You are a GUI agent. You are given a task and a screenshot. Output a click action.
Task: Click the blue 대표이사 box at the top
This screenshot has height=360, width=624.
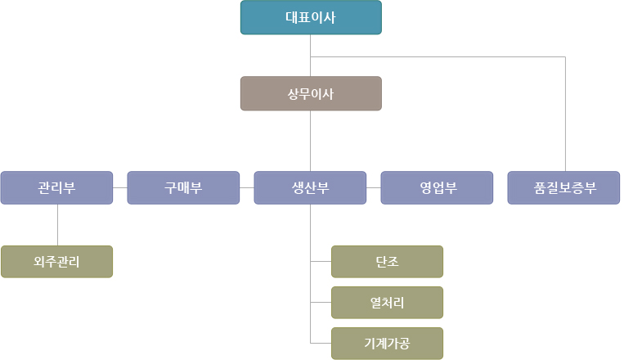pyautogui.click(x=311, y=18)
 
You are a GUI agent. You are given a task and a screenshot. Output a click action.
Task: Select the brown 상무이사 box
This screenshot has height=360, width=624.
pyautogui.click(x=311, y=93)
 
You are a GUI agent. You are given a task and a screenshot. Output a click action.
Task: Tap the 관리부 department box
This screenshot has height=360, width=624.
pyautogui.click(x=56, y=187)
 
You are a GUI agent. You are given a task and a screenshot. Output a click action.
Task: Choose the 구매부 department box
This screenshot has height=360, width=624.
pyautogui.click(x=183, y=187)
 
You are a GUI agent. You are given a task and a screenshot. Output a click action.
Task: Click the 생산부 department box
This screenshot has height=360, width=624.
pyautogui.click(x=311, y=187)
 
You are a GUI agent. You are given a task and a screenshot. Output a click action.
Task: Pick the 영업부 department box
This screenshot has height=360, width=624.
pyautogui.click(x=438, y=187)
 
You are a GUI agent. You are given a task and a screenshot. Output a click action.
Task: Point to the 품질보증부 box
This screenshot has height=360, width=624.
pyautogui.click(x=563, y=187)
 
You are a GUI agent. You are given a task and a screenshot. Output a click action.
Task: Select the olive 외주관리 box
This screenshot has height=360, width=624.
pyautogui.click(x=56, y=262)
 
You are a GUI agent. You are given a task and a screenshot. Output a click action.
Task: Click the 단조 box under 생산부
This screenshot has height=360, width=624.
pyautogui.click(x=387, y=262)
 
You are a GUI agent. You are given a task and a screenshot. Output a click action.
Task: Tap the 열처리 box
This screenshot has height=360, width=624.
pyautogui.click(x=387, y=303)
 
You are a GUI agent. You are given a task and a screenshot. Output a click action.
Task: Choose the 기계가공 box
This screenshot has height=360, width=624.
pyautogui.click(x=387, y=344)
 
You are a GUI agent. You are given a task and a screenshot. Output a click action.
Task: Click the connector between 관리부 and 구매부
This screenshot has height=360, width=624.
pyautogui.click(x=120, y=187)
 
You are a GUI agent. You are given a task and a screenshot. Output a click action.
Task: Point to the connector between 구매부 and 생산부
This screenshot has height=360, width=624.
pyautogui.click(x=247, y=187)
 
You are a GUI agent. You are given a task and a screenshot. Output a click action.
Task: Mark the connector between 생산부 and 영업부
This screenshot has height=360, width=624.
pyautogui.click(x=374, y=187)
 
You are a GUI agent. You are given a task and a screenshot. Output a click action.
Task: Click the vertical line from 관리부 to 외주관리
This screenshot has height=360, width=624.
pyautogui.click(x=57, y=225)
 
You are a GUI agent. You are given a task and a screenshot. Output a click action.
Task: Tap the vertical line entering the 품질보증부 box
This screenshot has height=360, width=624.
pyautogui.click(x=565, y=115)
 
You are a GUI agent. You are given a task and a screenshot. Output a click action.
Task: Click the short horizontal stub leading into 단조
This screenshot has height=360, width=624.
pyautogui.click(x=321, y=262)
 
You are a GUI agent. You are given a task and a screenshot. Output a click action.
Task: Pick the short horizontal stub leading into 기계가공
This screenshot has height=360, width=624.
pyautogui.click(x=321, y=344)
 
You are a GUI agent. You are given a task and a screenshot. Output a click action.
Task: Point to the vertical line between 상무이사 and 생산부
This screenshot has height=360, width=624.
pyautogui.click(x=311, y=141)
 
